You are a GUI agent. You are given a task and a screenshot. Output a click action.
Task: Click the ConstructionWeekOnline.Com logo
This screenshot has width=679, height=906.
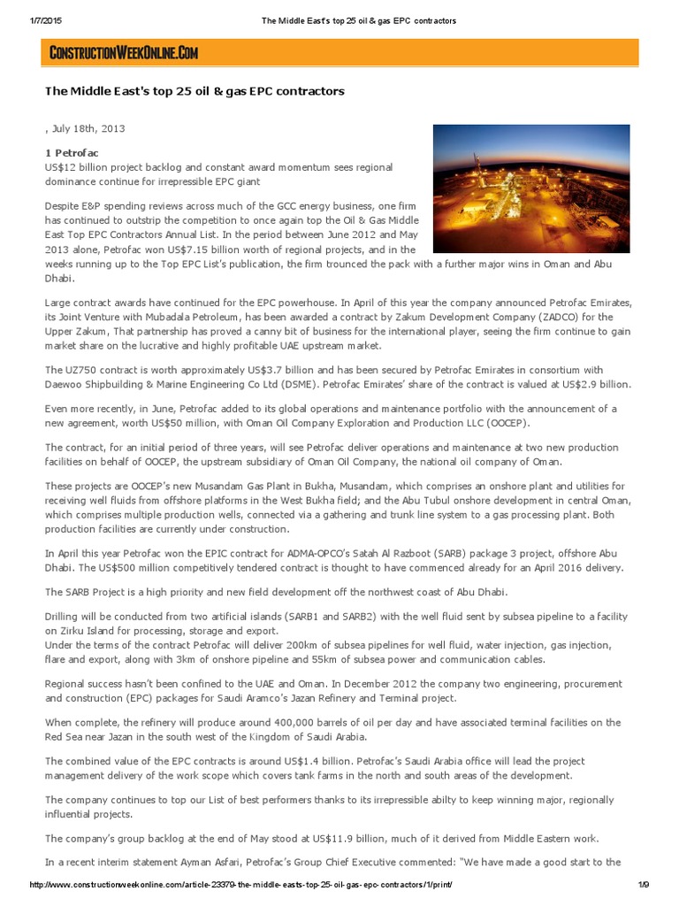pyautogui.click(x=124, y=54)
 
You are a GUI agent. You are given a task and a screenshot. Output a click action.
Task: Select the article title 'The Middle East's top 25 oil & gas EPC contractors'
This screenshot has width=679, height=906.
pyautogui.click(x=195, y=91)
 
